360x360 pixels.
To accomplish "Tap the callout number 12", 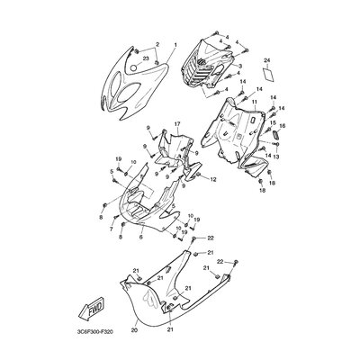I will (x=213, y=180).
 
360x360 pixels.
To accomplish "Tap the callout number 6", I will (x=141, y=237).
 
